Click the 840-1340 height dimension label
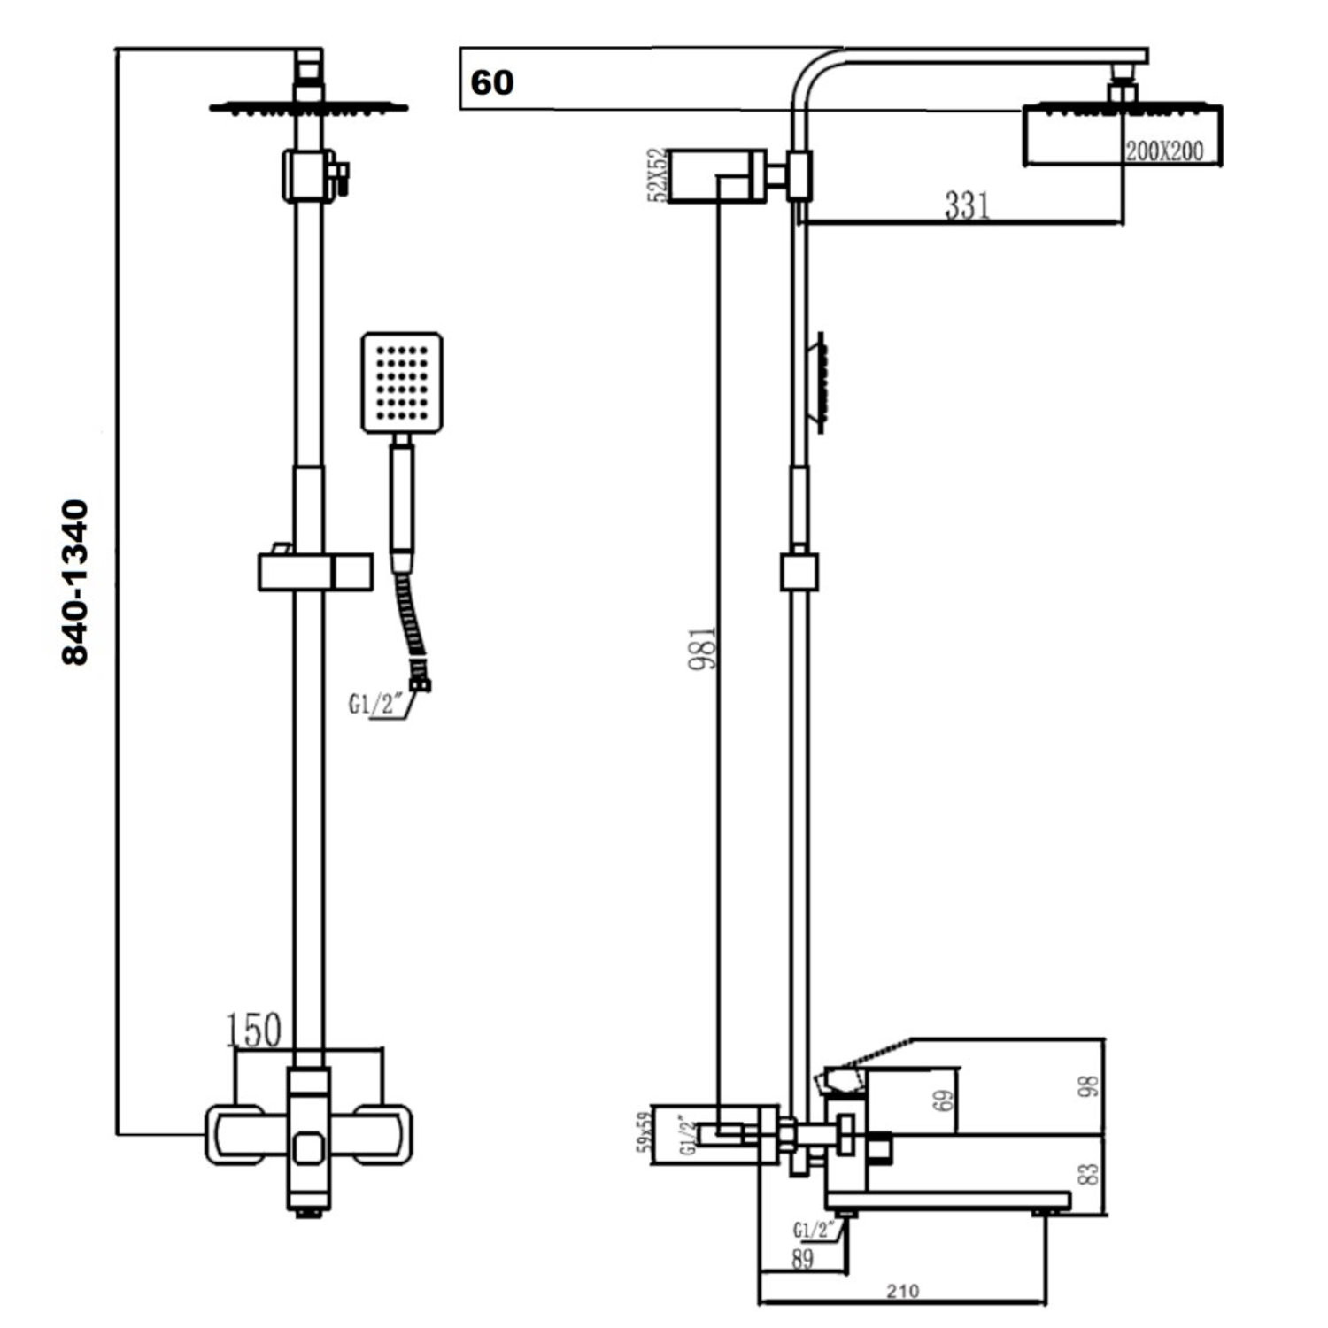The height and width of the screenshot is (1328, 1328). pyautogui.click(x=75, y=583)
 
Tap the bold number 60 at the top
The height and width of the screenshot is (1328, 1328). pyautogui.click(x=492, y=82)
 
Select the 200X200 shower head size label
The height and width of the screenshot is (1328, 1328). pyautogui.click(x=1164, y=151)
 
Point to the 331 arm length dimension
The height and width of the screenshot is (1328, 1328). pyautogui.click(x=967, y=205)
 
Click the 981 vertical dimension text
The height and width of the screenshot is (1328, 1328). pyautogui.click(x=703, y=648)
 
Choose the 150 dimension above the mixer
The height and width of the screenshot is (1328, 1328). pyautogui.click(x=254, y=1031)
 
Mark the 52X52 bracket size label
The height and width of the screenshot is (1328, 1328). pyautogui.click(x=657, y=175)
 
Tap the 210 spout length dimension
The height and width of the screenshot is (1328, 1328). pyautogui.click(x=903, y=1291)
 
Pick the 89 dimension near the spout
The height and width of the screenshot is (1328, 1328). pyautogui.click(x=803, y=1259)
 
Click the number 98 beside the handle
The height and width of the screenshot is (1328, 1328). pyautogui.click(x=1090, y=1086)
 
